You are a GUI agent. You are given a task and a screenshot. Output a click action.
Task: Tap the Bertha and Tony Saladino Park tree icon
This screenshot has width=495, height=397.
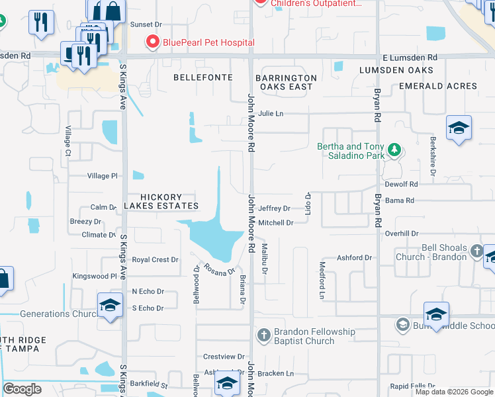(x=394, y=151)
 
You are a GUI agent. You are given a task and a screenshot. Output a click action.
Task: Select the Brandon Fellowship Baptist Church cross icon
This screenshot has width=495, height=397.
(x=263, y=335)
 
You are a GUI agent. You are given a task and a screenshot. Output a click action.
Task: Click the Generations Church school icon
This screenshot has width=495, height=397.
(x=110, y=305)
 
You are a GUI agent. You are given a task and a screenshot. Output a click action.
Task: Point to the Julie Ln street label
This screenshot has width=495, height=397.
(x=271, y=114)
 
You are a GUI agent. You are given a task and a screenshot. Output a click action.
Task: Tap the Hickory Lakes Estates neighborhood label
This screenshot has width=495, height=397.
(x=161, y=202)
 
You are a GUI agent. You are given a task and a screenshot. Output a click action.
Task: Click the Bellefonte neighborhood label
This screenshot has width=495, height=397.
(x=203, y=77)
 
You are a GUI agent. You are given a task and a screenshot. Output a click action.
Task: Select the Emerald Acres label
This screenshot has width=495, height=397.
(x=438, y=87)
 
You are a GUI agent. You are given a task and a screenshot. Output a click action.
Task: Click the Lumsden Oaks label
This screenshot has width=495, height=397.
(x=396, y=70)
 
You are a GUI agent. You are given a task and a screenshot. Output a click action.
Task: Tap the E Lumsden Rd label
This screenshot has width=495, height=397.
(x=410, y=58)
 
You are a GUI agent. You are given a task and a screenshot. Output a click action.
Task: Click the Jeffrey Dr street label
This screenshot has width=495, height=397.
(x=274, y=208)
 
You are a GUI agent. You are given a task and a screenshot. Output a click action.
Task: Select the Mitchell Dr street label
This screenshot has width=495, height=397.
(x=275, y=223)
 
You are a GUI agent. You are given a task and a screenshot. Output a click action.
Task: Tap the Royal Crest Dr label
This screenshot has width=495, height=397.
(x=155, y=260)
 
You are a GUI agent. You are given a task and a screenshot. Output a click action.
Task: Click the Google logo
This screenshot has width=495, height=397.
(x=22, y=389)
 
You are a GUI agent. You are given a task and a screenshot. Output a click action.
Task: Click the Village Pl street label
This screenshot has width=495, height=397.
(x=102, y=176)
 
